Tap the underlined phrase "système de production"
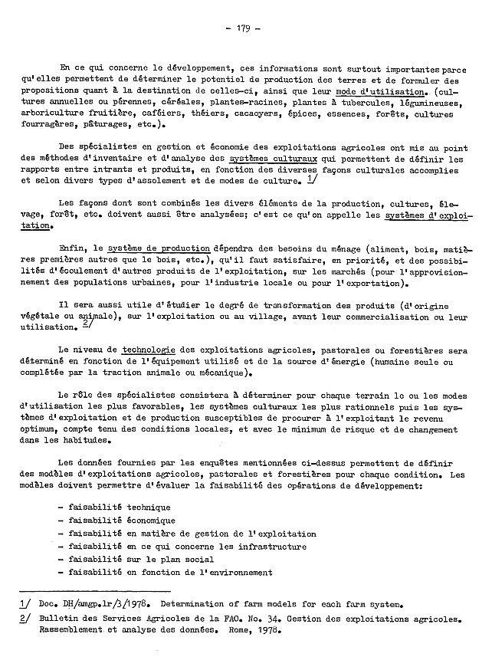[x=159, y=248]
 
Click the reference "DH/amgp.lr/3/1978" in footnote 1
[x=100, y=603]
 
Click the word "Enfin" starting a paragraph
[x=71, y=248]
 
